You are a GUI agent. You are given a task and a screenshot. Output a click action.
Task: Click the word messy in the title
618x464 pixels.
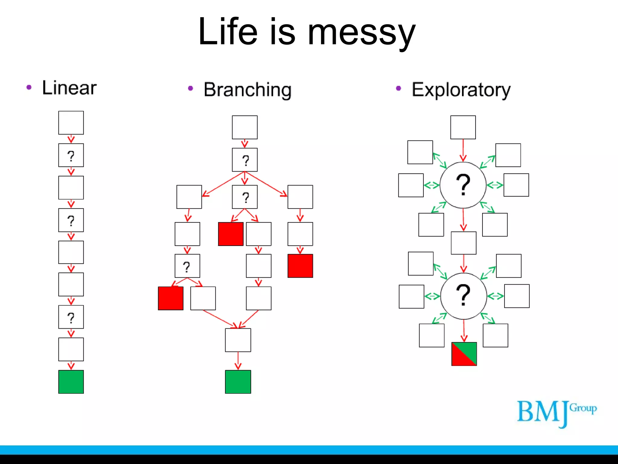point(361,33)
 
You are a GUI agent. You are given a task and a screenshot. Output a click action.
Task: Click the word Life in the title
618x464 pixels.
point(228,31)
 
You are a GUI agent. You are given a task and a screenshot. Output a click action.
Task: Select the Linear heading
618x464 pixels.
point(69,88)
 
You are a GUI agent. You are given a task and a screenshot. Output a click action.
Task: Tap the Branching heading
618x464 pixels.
point(247,90)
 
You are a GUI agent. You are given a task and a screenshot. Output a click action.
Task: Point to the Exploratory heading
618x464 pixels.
point(461,90)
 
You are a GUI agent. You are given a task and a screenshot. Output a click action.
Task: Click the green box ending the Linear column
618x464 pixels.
point(71,382)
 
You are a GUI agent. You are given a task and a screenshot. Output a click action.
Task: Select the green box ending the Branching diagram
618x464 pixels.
point(238,382)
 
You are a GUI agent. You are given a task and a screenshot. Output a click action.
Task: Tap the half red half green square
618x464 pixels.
point(464,354)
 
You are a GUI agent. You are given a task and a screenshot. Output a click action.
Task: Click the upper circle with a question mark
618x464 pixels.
point(463,185)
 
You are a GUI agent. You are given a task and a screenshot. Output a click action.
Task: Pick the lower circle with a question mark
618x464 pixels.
point(463,296)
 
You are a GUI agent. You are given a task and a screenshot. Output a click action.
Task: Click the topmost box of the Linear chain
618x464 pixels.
point(71,123)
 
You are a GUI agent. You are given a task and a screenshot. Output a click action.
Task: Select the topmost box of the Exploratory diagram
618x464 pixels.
point(463,127)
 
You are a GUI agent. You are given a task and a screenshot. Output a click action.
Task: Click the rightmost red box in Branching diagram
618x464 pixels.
point(300,266)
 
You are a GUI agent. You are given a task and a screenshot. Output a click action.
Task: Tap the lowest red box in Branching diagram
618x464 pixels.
point(170,298)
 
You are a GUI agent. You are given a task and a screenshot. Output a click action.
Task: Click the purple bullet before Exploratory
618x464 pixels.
point(398,88)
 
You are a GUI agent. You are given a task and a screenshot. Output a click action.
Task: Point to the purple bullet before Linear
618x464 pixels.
point(29,87)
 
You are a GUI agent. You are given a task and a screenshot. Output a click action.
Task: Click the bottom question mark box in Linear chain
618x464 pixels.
point(71,317)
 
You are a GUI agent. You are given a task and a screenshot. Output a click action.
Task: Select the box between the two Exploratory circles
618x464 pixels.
point(463,243)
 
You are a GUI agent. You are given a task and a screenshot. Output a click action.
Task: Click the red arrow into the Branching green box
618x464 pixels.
point(238,361)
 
